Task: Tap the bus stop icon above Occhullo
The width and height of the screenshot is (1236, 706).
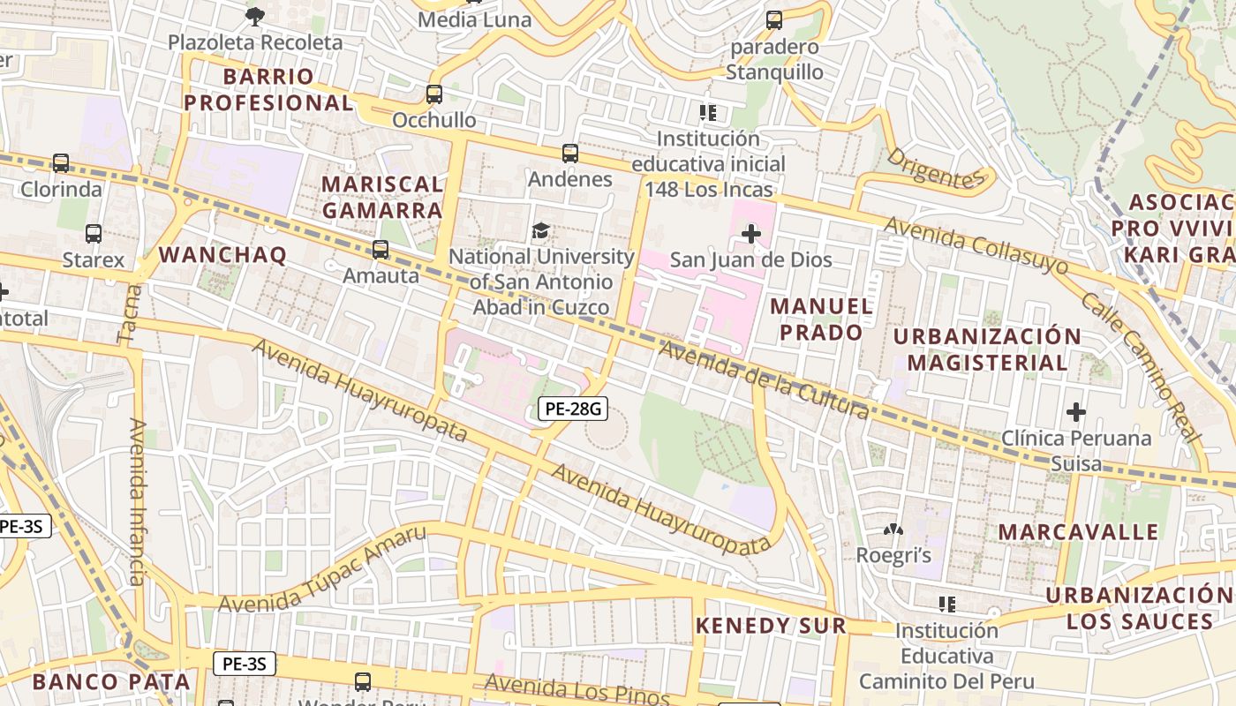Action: (433, 94)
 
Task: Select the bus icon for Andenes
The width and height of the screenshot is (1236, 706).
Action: (569, 153)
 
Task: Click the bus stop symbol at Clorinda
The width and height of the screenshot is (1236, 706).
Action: (60, 162)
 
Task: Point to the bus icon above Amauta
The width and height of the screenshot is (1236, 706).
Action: (381, 249)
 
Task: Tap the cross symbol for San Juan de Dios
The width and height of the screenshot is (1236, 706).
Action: (751, 234)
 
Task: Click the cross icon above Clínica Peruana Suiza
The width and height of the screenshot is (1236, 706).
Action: (1075, 411)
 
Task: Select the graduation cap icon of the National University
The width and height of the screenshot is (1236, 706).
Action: (539, 231)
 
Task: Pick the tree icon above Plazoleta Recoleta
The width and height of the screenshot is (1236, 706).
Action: (254, 15)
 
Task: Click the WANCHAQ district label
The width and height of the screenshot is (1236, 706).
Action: (222, 255)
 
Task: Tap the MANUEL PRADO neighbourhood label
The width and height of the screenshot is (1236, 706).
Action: (821, 319)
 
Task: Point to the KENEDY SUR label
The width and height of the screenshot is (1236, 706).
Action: (771, 626)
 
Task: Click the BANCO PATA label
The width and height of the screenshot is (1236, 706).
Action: (111, 681)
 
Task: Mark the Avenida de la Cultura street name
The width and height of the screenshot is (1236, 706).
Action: (764, 379)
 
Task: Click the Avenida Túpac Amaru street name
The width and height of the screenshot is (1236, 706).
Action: (322, 570)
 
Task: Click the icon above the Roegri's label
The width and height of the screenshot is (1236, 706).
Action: (893, 530)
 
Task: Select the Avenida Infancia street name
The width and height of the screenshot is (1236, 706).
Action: (137, 501)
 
